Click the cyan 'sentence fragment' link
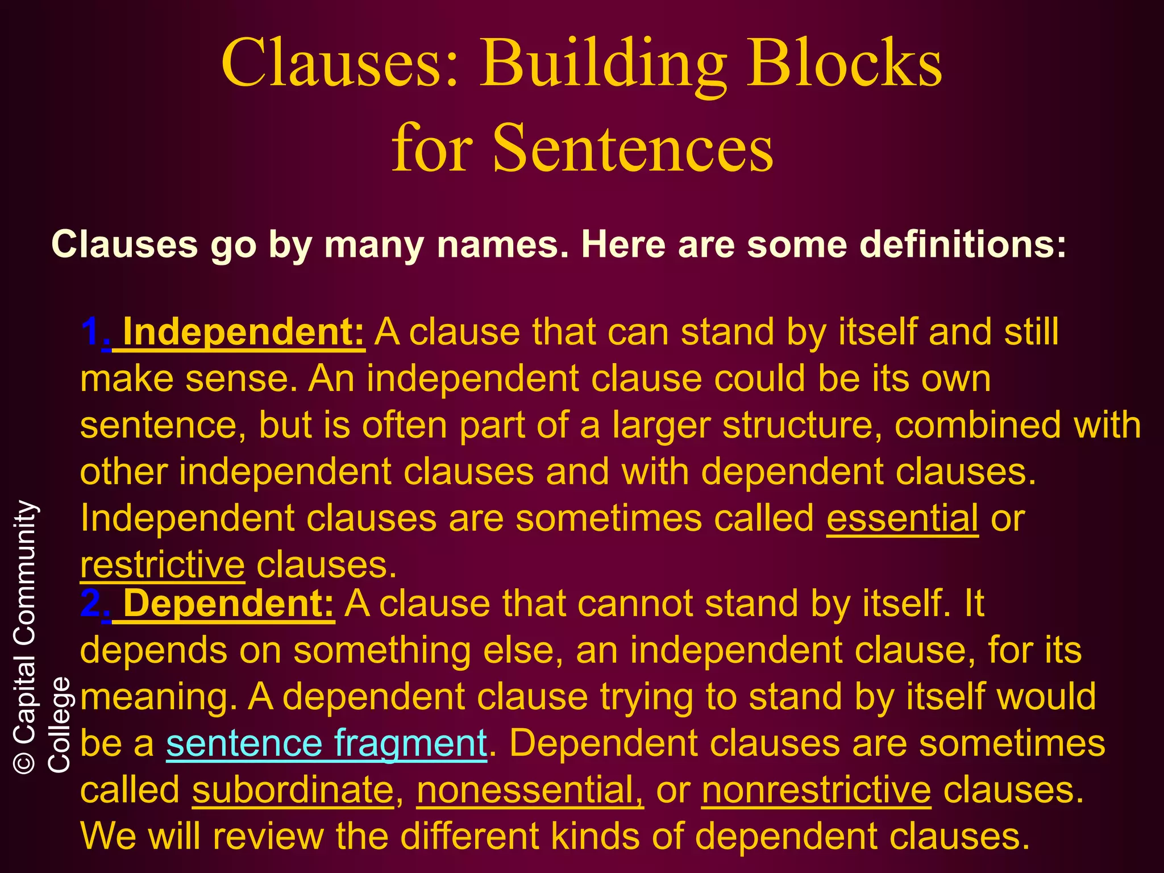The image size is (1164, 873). point(326,743)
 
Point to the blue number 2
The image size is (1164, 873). point(90,603)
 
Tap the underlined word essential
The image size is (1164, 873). point(902,518)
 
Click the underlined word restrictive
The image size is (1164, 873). point(163,565)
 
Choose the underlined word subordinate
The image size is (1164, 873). point(293,790)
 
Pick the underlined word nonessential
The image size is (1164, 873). point(530,790)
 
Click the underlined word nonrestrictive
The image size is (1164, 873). point(816,790)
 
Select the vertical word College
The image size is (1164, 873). point(59,724)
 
